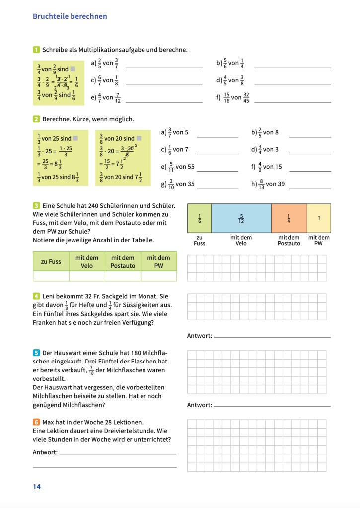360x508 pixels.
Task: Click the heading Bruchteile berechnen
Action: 70,16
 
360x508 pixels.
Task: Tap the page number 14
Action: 37,487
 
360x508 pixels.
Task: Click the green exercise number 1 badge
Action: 36,50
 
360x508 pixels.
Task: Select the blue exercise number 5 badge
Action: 36,353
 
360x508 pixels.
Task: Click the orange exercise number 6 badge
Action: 36,422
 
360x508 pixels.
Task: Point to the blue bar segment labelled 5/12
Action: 241,218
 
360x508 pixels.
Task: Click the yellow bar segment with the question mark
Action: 319,218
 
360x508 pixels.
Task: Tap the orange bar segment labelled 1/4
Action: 289,218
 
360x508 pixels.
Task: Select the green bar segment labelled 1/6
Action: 199,218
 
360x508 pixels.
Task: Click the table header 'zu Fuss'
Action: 51,262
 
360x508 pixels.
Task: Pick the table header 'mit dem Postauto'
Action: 123,262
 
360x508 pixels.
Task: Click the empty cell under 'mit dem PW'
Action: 158,276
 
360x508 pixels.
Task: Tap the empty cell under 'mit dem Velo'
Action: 87,276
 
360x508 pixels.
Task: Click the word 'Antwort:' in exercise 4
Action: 199,336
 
